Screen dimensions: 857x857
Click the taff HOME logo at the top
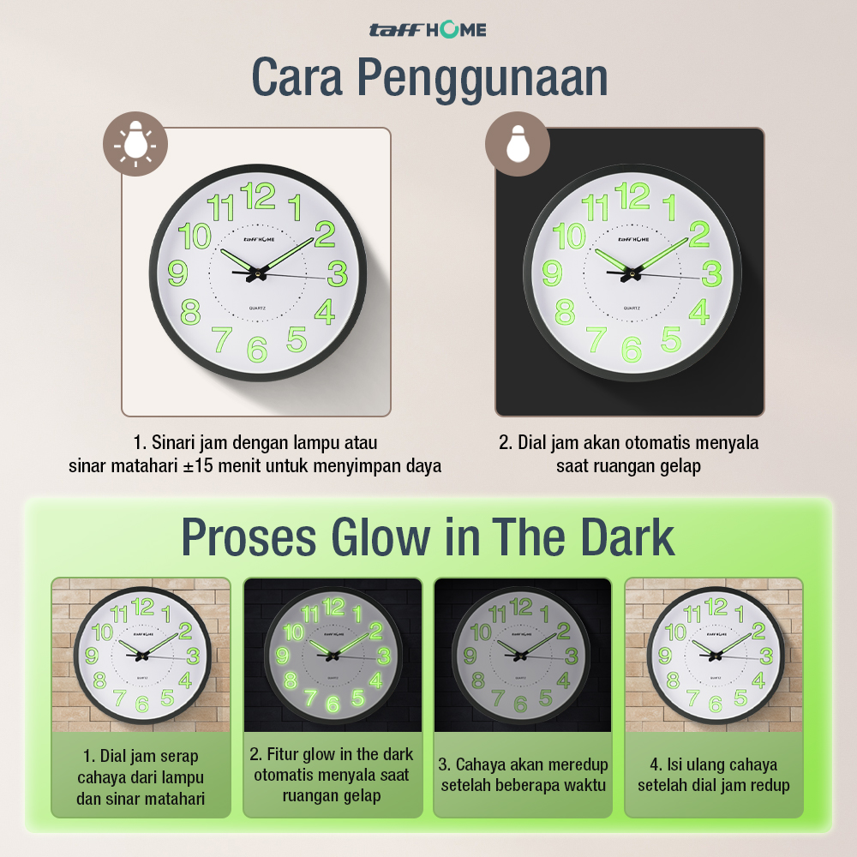428,29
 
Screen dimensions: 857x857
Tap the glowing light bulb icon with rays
135,144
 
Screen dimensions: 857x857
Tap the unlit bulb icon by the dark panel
518,144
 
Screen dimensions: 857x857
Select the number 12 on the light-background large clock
257,196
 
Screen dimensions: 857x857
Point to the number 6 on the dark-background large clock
632,350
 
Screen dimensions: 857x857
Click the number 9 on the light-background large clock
177,273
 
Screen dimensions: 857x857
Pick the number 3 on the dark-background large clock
712,273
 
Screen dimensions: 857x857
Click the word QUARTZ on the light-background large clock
257,309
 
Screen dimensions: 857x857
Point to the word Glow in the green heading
381,537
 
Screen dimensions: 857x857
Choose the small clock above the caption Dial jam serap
142,656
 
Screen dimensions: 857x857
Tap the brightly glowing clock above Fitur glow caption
333,656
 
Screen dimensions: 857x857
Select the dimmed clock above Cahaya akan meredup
521,656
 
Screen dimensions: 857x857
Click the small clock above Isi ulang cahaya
716,656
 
